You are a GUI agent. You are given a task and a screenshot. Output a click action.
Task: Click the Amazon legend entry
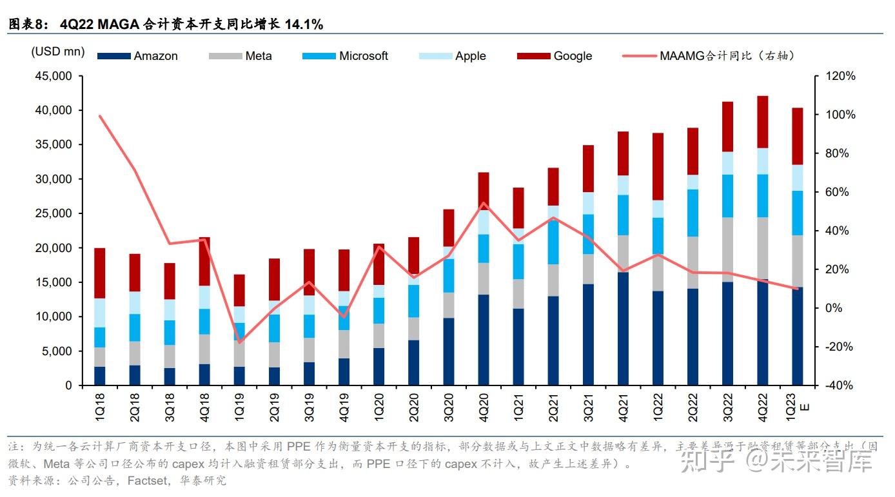(155, 56)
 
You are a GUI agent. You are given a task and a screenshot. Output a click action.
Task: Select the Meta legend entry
(258, 56)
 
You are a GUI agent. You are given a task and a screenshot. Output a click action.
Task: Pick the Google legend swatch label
(572, 56)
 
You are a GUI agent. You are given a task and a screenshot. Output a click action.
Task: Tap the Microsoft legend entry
(363, 56)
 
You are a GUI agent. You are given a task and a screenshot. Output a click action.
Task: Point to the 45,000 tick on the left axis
(54, 76)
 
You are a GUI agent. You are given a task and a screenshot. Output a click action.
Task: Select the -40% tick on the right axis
(841, 385)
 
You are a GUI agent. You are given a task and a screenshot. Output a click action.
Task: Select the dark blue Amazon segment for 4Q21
(623, 329)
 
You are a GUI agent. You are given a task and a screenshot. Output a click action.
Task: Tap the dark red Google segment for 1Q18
(100, 273)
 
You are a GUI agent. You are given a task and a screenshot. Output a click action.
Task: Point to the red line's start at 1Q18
(100, 116)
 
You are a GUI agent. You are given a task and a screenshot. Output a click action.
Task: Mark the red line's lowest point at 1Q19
(239, 342)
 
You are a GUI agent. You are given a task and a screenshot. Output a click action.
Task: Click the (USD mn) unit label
(58, 52)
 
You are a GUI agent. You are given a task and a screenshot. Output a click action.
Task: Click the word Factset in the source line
(150, 480)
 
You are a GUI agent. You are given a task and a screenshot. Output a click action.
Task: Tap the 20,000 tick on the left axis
(54, 248)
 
